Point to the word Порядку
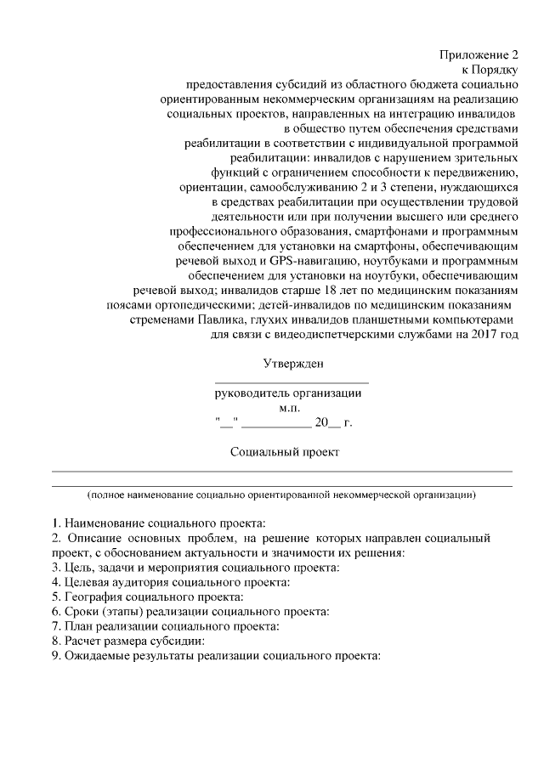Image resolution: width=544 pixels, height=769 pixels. tap(496, 70)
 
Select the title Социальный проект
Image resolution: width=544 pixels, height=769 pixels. tap(285, 452)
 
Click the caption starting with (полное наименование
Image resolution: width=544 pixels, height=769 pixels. tap(281, 494)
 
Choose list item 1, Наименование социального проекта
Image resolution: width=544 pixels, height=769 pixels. tap(159, 521)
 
